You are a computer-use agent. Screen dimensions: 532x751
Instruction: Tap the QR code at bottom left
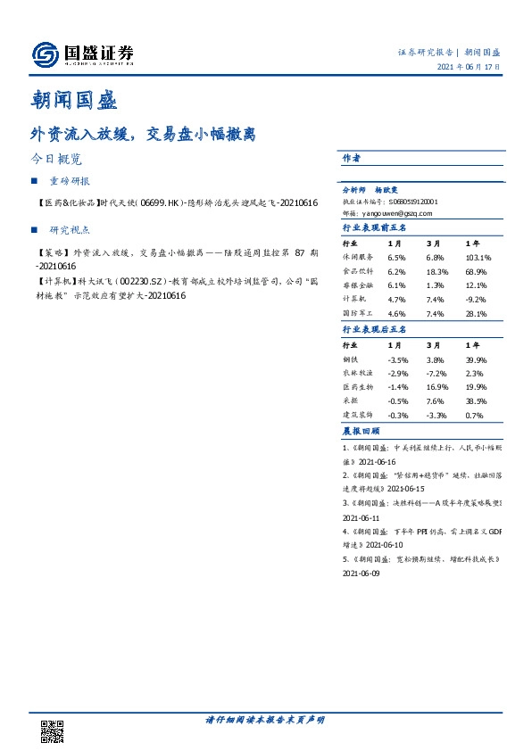(53, 731)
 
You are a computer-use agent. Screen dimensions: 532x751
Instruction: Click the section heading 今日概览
(56, 161)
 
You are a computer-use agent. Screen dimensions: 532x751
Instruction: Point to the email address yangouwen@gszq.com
(401, 214)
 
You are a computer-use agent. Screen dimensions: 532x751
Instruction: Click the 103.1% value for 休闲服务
(478, 258)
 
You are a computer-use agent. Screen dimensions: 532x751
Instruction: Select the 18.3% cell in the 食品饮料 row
(436, 270)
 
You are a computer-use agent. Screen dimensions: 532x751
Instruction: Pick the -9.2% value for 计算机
(476, 300)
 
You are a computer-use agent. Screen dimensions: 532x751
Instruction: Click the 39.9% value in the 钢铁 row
(476, 359)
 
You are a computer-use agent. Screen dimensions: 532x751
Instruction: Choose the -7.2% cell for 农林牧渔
(436, 374)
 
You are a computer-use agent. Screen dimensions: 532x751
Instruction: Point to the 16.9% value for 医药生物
(436, 388)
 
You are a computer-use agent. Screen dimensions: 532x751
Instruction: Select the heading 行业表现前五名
(374, 229)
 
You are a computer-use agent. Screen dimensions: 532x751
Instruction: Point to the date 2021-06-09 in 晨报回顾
(362, 574)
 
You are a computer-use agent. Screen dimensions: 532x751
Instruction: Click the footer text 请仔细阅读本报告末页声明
(265, 719)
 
